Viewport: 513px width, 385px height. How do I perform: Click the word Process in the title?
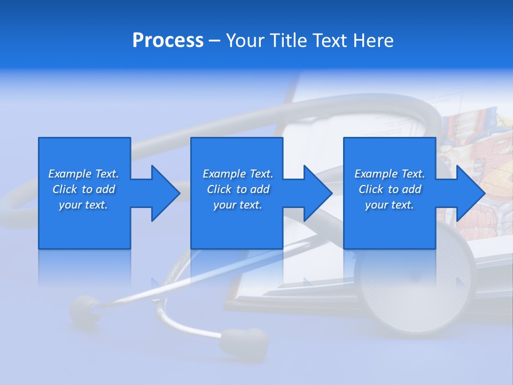coord(168,41)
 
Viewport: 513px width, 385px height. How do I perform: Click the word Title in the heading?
coord(288,41)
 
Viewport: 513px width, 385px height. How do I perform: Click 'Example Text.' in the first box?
coord(83,174)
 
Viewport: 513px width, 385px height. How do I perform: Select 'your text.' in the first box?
coord(83,205)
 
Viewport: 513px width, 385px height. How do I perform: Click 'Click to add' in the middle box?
coord(238,189)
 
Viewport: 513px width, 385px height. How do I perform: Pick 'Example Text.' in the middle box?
coord(238,174)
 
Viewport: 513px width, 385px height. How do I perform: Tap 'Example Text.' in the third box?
coord(390,174)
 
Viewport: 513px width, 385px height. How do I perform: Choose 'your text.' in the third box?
coord(390,205)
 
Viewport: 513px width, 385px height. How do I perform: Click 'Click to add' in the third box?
coord(390,189)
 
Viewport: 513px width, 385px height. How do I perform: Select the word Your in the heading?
coord(245,41)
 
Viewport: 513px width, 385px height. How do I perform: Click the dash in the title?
coord(215,41)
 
